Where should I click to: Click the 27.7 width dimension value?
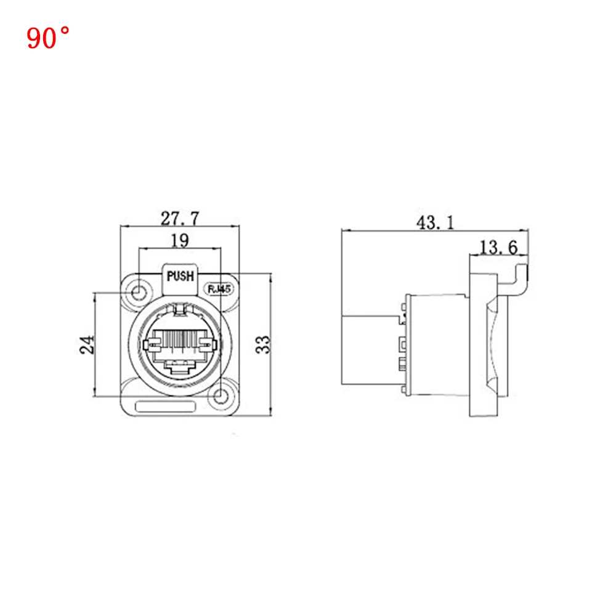coord(180,218)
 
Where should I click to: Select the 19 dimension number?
coord(180,240)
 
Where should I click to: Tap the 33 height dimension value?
coord(264,344)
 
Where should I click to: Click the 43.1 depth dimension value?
coord(435,222)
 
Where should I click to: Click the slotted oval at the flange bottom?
coord(164,407)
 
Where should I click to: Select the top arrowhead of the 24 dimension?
coord(94,294)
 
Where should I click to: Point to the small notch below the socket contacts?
coord(180,368)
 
